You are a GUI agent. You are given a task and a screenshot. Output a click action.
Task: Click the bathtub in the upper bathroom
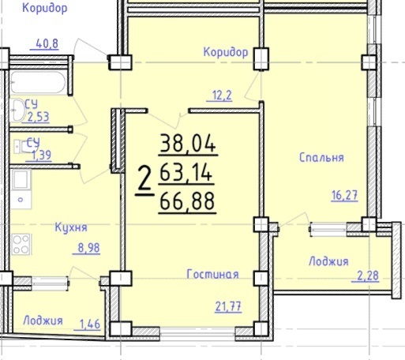(x=38, y=82)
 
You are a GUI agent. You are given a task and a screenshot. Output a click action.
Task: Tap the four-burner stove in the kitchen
(x=21, y=244)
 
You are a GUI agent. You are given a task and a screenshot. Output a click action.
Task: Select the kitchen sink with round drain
(x=21, y=189)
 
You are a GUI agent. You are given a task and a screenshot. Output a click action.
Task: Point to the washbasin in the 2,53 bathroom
(x=18, y=111)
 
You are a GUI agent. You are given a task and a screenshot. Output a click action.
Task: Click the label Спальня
(x=321, y=157)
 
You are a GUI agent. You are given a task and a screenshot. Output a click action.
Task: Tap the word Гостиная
(x=212, y=274)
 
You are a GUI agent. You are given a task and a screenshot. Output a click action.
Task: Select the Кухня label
(x=71, y=227)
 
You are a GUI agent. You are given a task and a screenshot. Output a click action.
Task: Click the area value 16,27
(x=344, y=195)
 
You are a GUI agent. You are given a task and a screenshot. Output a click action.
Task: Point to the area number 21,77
(x=228, y=306)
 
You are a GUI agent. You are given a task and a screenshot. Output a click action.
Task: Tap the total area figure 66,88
(x=187, y=201)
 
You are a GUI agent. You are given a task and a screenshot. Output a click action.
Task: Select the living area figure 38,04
(x=188, y=144)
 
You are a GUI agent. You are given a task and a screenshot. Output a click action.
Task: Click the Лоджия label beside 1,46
(x=43, y=321)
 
